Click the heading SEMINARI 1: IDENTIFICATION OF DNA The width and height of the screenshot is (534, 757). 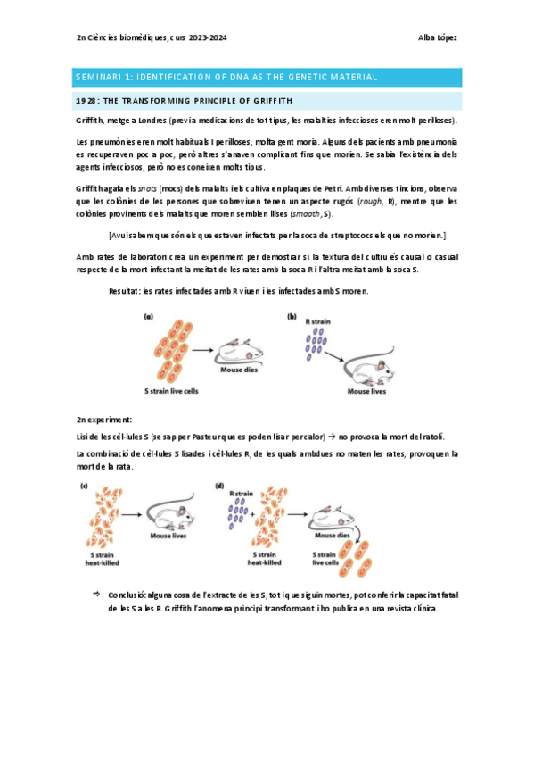pos(226,78)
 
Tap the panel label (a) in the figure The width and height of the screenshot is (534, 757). pos(150,317)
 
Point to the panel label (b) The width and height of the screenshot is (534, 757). pos(292,317)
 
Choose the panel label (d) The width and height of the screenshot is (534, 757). pos(220,486)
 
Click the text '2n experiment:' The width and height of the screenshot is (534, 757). pos(104,419)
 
